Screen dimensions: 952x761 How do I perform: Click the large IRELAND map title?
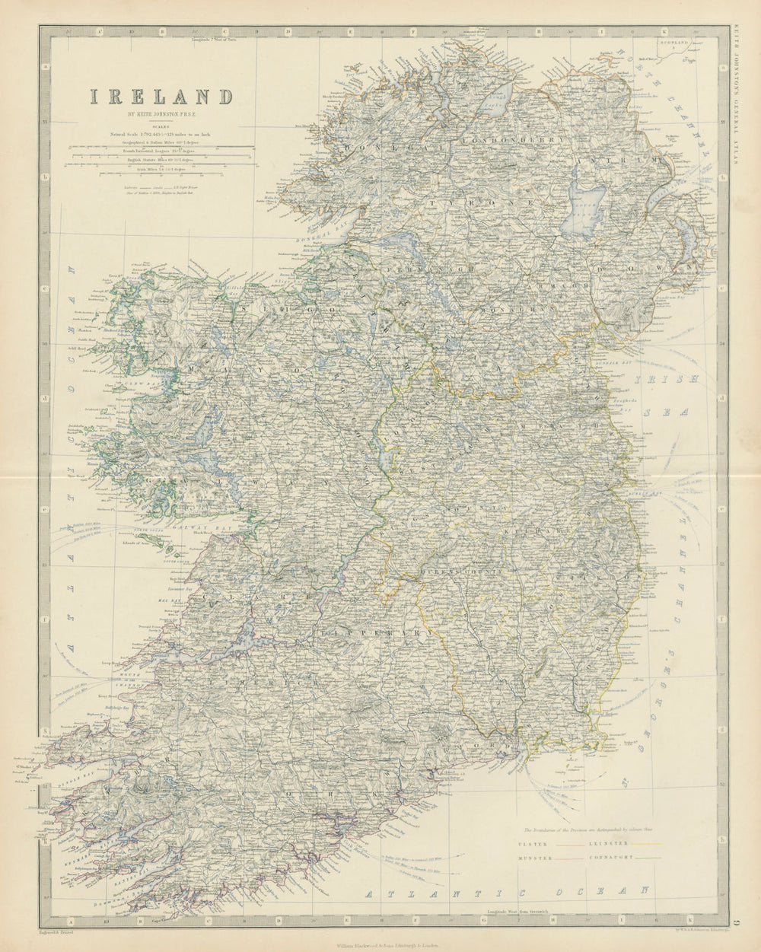pyautogui.click(x=162, y=97)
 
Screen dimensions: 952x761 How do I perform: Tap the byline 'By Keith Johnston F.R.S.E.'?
pyautogui.click(x=162, y=116)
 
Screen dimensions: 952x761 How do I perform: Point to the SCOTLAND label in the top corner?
pyautogui.click(x=673, y=44)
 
